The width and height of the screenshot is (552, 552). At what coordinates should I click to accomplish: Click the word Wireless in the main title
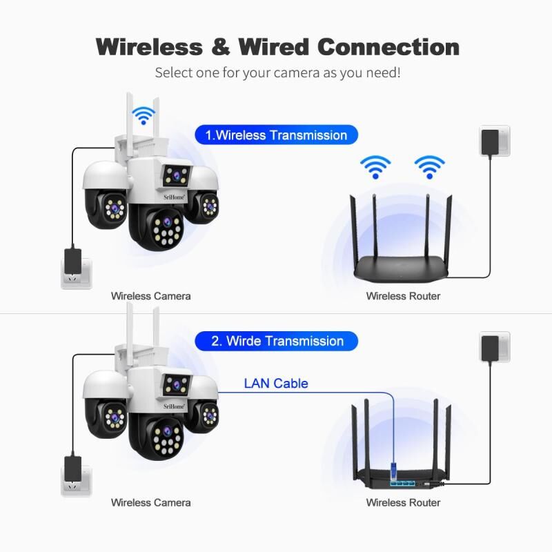click(x=149, y=47)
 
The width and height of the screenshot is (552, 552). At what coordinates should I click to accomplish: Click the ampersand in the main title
click(x=220, y=47)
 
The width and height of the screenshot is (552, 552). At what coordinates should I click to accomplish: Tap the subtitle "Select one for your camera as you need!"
click(x=277, y=72)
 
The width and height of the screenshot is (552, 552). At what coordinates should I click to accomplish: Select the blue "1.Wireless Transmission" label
click(x=277, y=135)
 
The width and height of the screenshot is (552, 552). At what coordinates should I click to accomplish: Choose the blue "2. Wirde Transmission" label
click(x=277, y=341)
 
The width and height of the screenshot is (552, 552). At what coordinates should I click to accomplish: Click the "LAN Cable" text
click(x=276, y=384)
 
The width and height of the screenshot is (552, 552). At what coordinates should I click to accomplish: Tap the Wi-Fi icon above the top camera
click(x=144, y=115)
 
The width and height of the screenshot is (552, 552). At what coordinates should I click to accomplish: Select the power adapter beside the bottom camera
click(x=72, y=468)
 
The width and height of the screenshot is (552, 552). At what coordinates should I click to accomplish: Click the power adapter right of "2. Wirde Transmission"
click(x=493, y=346)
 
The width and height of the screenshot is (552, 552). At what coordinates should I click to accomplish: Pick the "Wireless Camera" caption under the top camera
click(x=150, y=296)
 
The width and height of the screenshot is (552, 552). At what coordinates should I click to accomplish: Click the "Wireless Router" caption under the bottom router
click(x=403, y=503)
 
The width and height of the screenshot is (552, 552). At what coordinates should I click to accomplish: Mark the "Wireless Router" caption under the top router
click(x=403, y=296)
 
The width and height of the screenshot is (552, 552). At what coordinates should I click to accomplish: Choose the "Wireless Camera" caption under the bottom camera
click(x=150, y=503)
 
